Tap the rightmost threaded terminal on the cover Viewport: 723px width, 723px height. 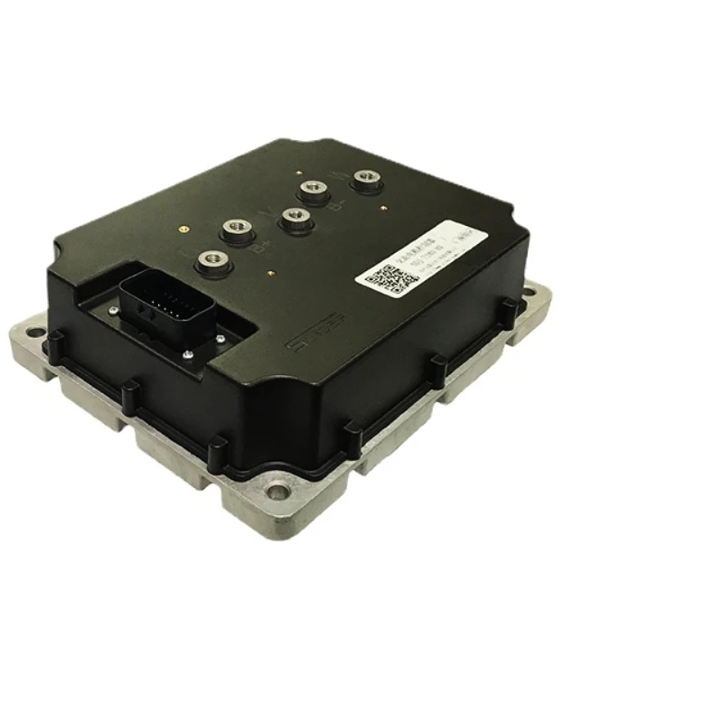(x=367, y=177)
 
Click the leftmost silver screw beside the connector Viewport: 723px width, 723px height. (x=111, y=313)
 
